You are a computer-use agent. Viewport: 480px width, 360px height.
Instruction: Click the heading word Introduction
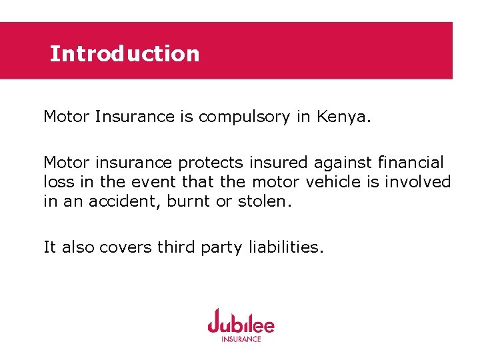pyautogui.click(x=124, y=53)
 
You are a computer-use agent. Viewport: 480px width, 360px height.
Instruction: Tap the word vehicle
pyautogui.click(x=340, y=181)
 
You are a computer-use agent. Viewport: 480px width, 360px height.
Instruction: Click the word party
pyautogui.click(x=222, y=248)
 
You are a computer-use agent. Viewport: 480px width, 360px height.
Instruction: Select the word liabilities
pyautogui.click(x=286, y=247)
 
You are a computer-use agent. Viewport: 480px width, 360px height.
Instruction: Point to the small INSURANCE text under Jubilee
pyautogui.click(x=241, y=339)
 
